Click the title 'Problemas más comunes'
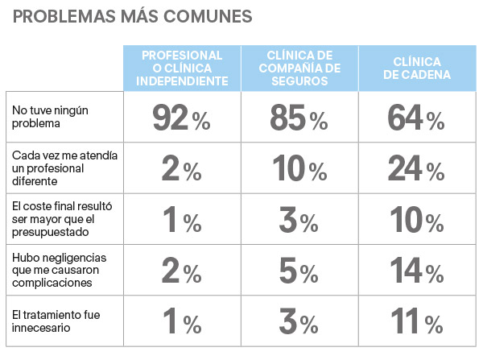click(133, 16)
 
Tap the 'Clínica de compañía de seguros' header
click(298, 68)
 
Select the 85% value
click(298, 119)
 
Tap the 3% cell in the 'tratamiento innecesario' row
click(298, 323)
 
